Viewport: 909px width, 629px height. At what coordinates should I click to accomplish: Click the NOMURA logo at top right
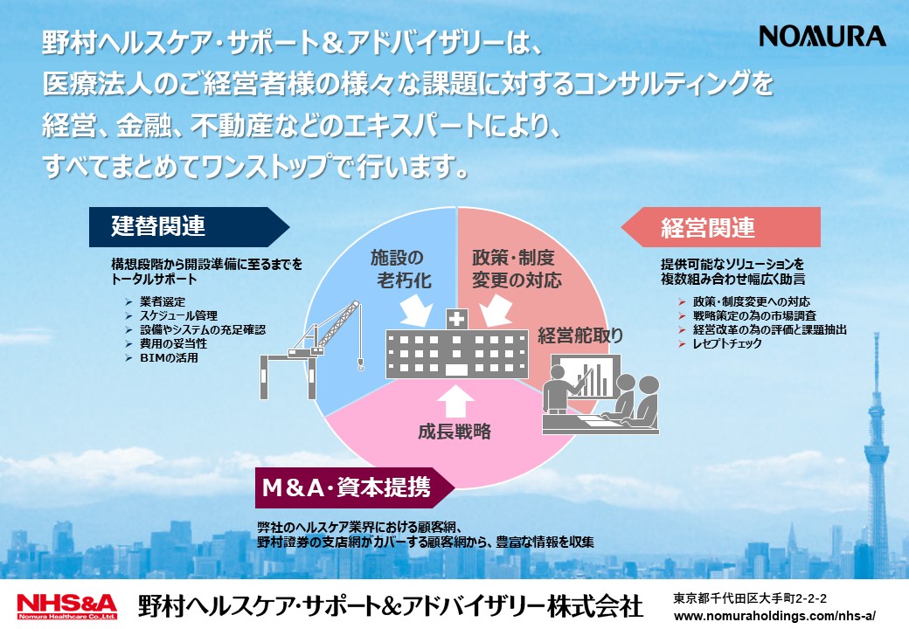822,36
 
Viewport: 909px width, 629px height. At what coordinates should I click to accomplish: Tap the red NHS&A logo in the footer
67,606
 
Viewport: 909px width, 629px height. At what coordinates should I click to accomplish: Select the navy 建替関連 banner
189,226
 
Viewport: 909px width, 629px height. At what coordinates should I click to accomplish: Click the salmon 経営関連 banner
721,227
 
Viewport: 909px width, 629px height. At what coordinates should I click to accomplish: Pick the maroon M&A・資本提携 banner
355,487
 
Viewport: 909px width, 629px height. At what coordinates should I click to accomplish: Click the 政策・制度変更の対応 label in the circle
517,269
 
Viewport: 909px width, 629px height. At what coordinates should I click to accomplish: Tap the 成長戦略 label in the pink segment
454,432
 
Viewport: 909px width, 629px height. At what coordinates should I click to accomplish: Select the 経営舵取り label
580,335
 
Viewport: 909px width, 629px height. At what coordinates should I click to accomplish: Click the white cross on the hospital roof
457,319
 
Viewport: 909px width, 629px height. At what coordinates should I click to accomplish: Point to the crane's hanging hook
361,363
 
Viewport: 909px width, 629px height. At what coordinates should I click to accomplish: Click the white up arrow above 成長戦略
455,401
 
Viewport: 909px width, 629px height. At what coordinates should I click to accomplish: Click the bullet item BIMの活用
169,358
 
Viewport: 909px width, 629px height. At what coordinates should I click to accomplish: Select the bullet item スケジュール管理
178,315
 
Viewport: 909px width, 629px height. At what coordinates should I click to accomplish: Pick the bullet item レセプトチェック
727,343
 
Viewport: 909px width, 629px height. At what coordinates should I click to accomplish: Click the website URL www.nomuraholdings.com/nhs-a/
774,616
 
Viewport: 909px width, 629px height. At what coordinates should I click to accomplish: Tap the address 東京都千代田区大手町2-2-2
750,598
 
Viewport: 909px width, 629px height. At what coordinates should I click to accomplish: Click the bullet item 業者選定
163,301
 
